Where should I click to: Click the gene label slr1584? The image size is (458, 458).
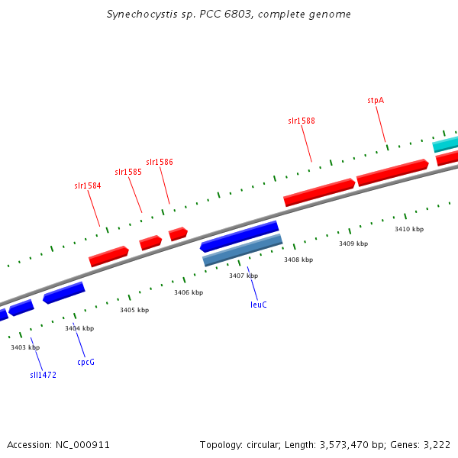click(x=87, y=185)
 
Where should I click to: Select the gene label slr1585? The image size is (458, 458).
click(x=128, y=173)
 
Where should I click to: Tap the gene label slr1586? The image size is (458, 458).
click(x=160, y=162)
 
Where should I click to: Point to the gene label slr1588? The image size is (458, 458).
click(x=302, y=121)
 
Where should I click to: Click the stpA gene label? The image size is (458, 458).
click(x=375, y=100)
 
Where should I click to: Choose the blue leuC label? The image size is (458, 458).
click(x=259, y=305)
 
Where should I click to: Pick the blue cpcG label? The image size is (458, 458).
click(x=86, y=362)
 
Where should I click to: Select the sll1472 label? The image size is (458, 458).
click(x=44, y=375)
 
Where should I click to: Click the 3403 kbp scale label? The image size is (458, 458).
click(x=24, y=347)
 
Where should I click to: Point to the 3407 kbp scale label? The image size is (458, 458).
click(x=244, y=276)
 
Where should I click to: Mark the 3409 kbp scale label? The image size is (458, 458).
click(x=353, y=244)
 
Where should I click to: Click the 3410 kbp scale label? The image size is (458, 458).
click(x=409, y=229)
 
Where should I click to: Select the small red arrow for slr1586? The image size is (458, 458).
click(x=178, y=234)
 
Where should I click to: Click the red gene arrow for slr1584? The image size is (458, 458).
click(x=108, y=256)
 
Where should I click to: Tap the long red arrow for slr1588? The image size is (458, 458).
click(x=319, y=192)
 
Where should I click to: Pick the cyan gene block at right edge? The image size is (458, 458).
click(x=446, y=144)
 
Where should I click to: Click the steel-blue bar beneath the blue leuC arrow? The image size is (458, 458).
click(x=243, y=250)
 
